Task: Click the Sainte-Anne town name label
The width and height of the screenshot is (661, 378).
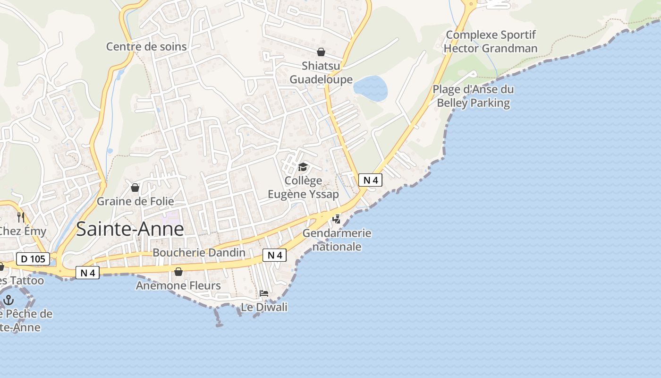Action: pos(129,229)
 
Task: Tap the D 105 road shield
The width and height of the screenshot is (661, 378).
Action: pos(33,259)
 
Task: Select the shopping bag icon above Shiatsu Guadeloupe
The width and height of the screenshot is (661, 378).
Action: pos(321,52)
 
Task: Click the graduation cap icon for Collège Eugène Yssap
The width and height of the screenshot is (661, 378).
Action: pos(303,167)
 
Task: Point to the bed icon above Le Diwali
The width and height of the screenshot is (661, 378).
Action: pos(264,293)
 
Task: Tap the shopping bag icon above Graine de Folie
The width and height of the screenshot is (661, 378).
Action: pos(135,188)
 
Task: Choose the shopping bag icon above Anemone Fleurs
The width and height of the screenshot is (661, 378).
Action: pos(178,272)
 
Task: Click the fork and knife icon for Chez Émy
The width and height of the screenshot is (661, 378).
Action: pos(21,217)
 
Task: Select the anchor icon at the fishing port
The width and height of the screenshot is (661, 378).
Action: pos(8,300)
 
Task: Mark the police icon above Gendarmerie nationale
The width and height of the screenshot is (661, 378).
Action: pos(337,219)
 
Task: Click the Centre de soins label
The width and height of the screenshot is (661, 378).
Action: pos(146,46)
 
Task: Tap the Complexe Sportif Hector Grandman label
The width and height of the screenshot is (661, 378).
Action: pos(491,42)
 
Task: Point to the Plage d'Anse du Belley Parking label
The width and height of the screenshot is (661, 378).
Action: pos(473,96)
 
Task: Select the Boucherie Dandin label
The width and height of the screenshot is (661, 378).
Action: pos(199,252)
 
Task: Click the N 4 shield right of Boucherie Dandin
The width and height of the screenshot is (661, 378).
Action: pos(274,255)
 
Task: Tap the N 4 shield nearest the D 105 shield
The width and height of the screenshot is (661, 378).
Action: pos(87,273)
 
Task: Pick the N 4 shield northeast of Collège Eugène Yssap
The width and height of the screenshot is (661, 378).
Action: pos(370,180)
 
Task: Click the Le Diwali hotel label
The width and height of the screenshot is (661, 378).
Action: pos(264,307)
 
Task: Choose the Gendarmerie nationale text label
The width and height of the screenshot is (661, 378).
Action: pos(337,240)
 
